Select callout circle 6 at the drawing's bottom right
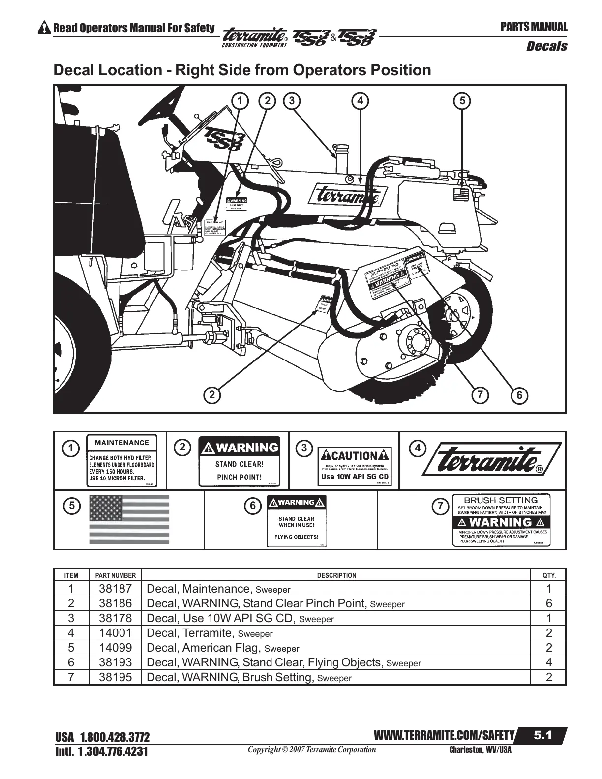(519, 395)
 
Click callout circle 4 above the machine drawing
(360, 101)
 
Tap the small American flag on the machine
(462, 193)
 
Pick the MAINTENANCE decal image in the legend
(121, 461)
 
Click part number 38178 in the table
(116, 618)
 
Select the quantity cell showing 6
(549, 603)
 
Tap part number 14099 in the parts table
(116, 648)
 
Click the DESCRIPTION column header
(336, 575)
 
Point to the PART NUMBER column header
(116, 575)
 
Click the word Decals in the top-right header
(546, 46)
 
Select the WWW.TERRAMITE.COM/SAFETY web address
(444, 735)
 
